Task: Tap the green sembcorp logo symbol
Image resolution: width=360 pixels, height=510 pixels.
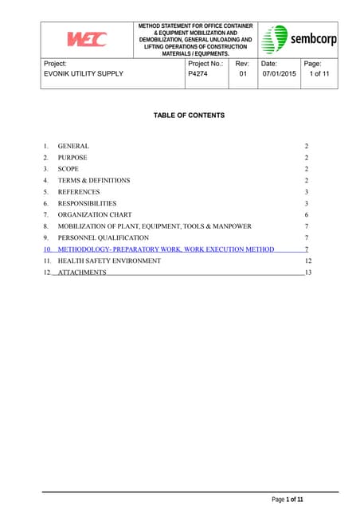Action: point(275,39)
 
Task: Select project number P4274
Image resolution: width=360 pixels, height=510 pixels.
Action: point(198,74)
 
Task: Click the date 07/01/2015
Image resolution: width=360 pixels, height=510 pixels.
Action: point(279,74)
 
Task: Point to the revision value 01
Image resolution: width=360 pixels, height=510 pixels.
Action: point(243,74)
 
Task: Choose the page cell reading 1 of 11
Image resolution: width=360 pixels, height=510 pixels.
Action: point(319,74)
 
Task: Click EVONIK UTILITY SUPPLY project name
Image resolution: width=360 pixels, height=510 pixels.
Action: point(84,74)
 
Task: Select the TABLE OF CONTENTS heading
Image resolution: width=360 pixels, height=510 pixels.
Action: point(189,116)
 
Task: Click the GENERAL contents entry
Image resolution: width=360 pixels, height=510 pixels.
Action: point(73,147)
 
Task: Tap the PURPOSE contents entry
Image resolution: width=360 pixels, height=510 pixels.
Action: point(73,158)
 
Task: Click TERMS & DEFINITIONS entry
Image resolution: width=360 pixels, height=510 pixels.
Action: point(94,181)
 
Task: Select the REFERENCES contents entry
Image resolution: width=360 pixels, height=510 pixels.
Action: point(79,192)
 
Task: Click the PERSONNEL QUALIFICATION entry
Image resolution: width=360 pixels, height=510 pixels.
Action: point(103,237)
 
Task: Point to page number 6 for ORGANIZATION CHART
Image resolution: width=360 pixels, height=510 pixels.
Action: point(306,215)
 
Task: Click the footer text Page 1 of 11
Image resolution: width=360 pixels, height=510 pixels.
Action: point(288,500)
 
